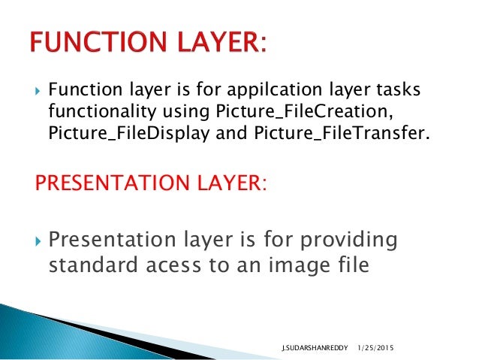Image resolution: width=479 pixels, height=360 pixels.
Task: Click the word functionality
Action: coord(94,112)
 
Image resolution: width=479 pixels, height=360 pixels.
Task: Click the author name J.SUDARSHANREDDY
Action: coord(309,349)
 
